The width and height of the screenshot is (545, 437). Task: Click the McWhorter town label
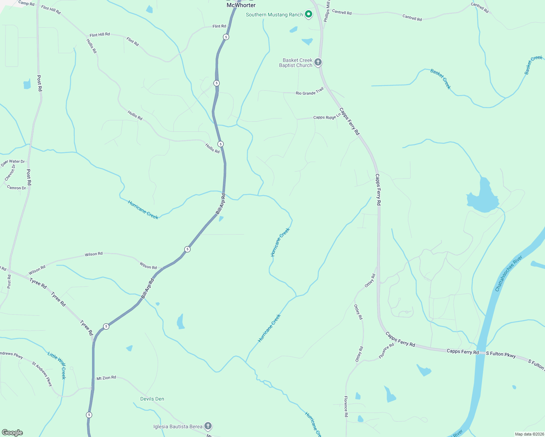pos(241,5)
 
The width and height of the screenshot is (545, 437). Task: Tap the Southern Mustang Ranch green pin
pos(309,15)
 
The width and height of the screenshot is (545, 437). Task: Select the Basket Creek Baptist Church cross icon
pos(318,62)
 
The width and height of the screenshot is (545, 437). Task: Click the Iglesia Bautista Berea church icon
pos(208,426)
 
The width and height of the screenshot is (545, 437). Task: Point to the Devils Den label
pos(152,399)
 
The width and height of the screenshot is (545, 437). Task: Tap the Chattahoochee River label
pos(509,273)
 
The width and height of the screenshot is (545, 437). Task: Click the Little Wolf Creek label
pos(57,365)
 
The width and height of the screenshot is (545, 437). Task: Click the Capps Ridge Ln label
pos(327,117)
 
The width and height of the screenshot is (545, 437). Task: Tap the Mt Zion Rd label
pos(106,378)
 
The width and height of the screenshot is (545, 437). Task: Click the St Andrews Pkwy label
pos(42,374)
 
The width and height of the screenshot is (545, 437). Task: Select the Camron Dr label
pos(16,188)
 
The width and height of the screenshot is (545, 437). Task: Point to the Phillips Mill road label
pos(327,11)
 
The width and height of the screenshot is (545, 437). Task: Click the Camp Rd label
pos(26,3)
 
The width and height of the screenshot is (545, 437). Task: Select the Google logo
pos(12,433)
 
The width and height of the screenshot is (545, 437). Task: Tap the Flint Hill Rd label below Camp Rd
pos(51,9)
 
